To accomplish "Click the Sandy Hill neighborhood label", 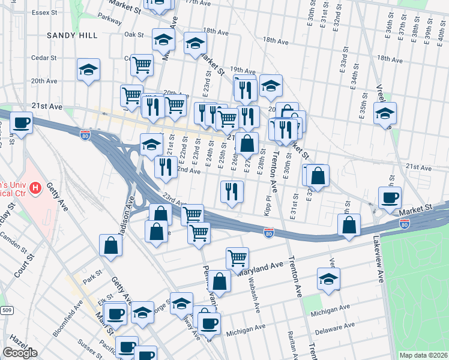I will pyautogui.click(x=72, y=35).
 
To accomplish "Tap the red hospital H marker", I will pyautogui.click(x=35, y=189).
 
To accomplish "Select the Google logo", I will pyautogui.click(x=20, y=353).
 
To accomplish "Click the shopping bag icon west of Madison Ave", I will pyautogui.click(x=111, y=244).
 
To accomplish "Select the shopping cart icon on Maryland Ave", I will pyautogui.click(x=238, y=258).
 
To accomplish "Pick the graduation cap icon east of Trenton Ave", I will pyautogui.click(x=328, y=278).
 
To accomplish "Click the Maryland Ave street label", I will pyautogui.click(x=259, y=268).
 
